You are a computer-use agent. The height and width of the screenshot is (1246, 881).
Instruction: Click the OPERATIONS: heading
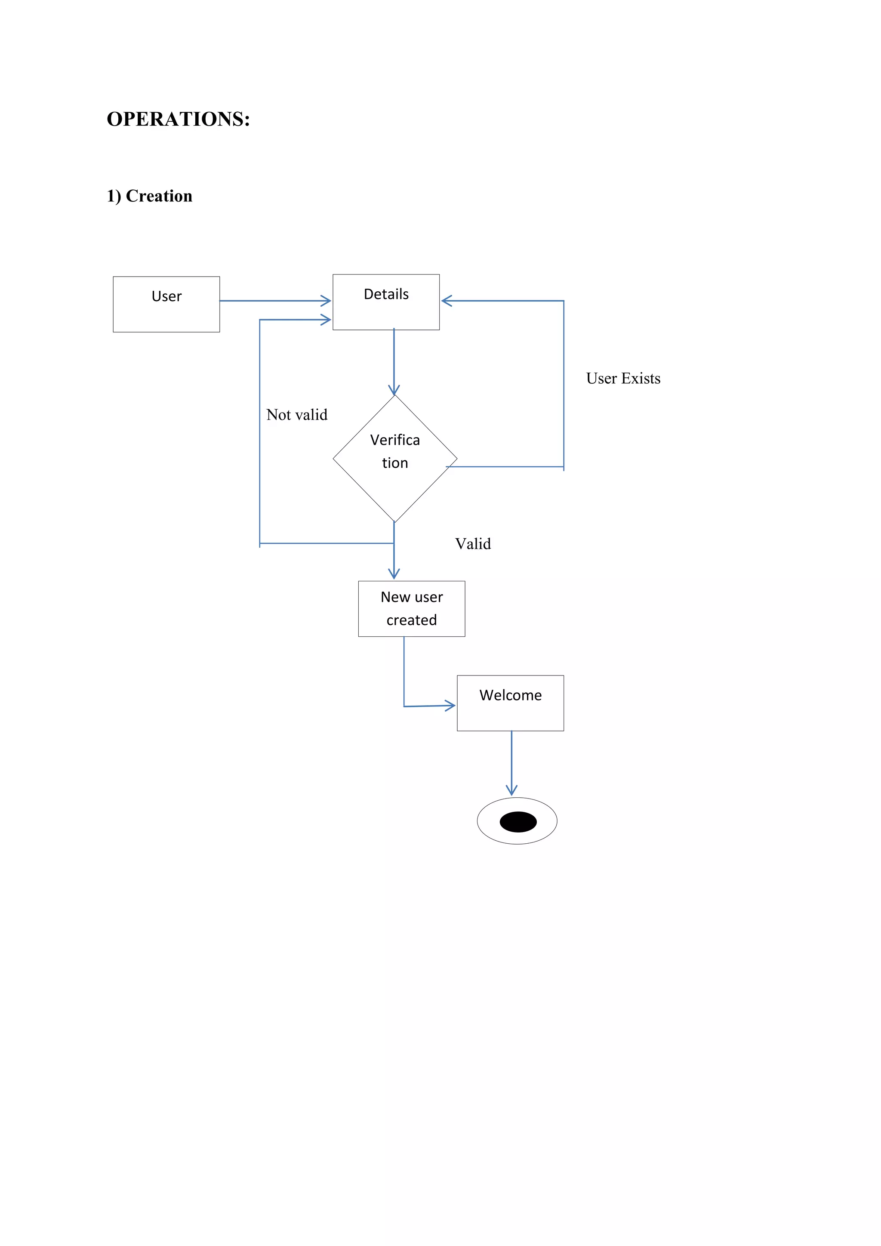pyautogui.click(x=178, y=119)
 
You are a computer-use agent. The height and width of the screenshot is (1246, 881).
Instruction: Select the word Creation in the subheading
pyautogui.click(x=159, y=196)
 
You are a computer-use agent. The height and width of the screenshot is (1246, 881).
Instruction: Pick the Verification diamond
pyautogui.click(x=394, y=459)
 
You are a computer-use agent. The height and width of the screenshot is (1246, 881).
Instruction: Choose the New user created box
pyautogui.click(x=411, y=608)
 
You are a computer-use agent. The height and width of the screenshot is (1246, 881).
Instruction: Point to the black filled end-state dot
pyautogui.click(x=518, y=822)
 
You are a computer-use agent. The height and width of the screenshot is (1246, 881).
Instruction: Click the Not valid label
pyautogui.click(x=297, y=415)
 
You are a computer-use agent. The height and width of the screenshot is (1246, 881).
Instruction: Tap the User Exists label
pyautogui.click(x=623, y=378)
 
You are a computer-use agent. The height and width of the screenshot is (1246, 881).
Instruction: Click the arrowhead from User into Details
pyautogui.click(x=326, y=301)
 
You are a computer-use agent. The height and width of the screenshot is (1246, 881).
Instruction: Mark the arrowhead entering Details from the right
pyautogui.click(x=447, y=301)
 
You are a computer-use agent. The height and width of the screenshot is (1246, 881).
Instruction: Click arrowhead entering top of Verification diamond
pyautogui.click(x=394, y=390)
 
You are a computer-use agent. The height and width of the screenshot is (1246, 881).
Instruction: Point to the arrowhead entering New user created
pyautogui.click(x=394, y=574)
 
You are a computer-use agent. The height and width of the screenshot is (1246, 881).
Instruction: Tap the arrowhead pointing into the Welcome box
pyautogui.click(x=450, y=706)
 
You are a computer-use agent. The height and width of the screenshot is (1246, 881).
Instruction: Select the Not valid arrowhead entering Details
pyautogui.click(x=326, y=320)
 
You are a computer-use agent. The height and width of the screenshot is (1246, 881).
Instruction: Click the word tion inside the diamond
pyautogui.click(x=394, y=463)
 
